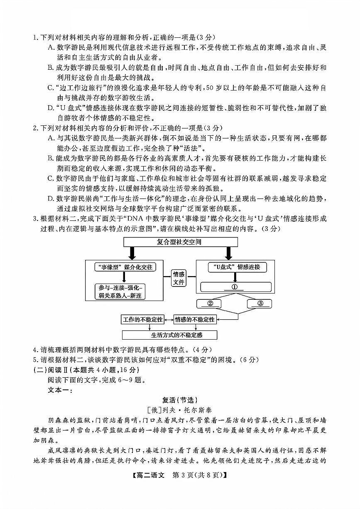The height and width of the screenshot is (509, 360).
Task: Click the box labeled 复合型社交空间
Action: [179, 242]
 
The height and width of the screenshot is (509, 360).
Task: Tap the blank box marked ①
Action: [235, 287]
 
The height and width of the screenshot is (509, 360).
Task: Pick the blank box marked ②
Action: [210, 303]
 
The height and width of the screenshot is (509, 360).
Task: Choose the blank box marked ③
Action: [260, 303]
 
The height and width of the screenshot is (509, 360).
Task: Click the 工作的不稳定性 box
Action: [142, 319]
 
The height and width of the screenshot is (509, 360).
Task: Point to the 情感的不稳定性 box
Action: [194, 319]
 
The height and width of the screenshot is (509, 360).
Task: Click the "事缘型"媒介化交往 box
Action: [125, 267]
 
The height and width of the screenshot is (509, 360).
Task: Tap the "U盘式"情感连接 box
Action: [236, 267]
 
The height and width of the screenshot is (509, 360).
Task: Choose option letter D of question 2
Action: [50, 199]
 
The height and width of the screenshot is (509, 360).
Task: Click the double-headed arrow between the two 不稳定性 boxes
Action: [168, 319]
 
